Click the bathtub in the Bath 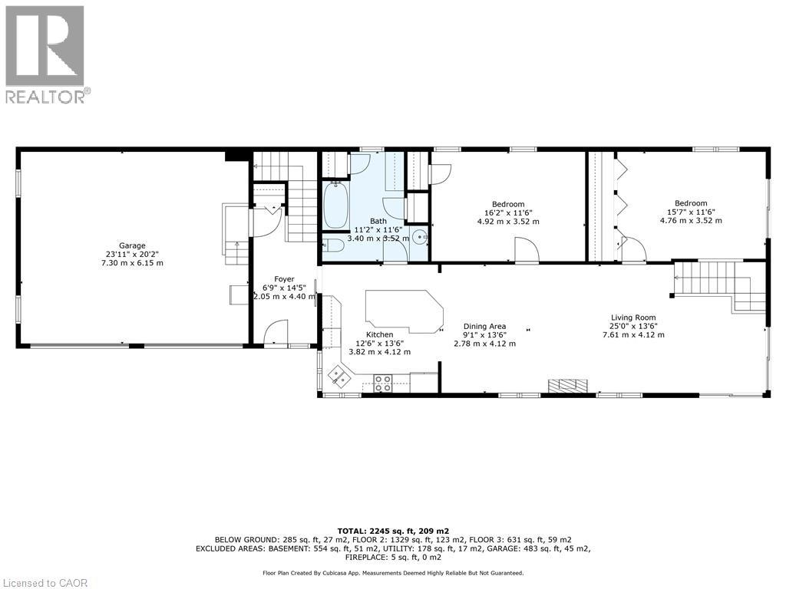(335, 206)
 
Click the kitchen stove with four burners (383, 383)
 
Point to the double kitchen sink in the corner (339, 375)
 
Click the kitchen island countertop (404, 311)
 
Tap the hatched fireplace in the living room (568, 386)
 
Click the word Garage (132, 245)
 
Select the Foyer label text (285, 279)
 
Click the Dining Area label (484, 326)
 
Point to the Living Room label (633, 318)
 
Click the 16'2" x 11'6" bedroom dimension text (508, 212)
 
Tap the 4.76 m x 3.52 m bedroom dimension (691, 221)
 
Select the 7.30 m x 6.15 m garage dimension (132, 263)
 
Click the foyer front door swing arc (275, 331)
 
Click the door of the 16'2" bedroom (527, 249)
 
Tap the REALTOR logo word (46, 96)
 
